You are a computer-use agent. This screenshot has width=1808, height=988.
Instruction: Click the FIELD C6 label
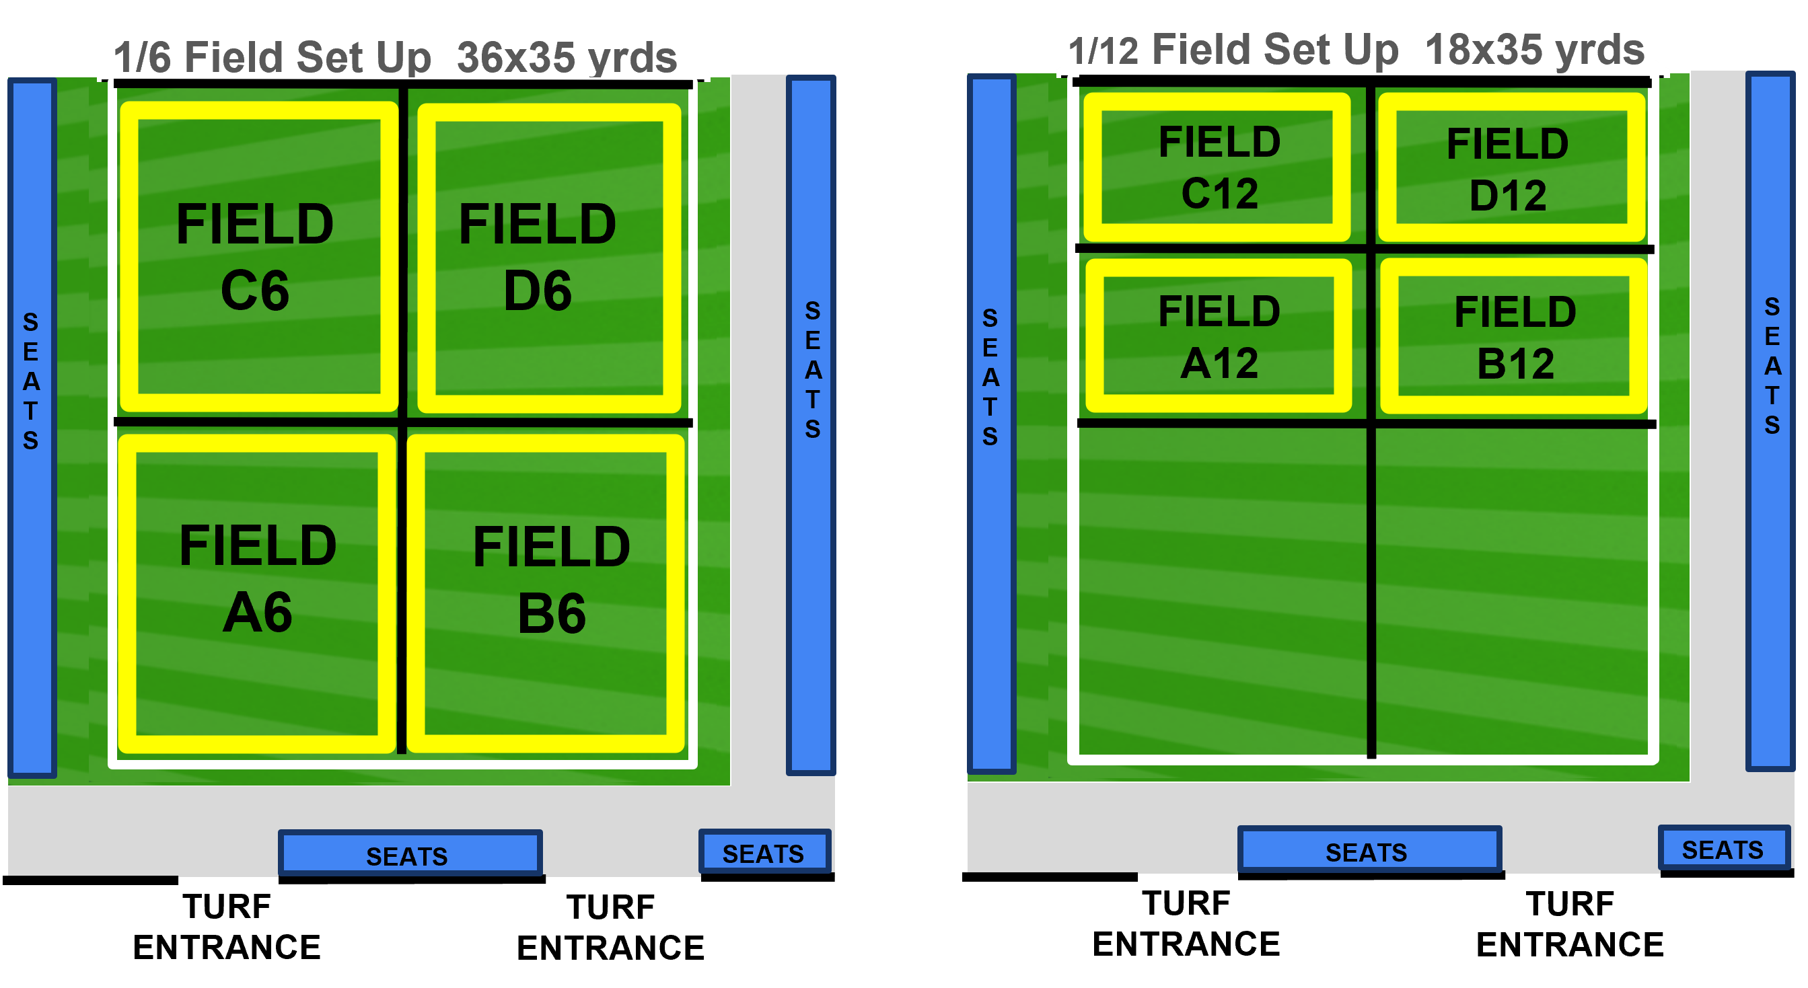pos(255,256)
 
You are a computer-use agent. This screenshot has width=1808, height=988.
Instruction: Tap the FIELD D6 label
pos(538,256)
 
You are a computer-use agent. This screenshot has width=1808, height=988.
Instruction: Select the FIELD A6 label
pos(258,578)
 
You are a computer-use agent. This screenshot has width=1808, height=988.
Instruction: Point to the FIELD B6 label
pos(552,579)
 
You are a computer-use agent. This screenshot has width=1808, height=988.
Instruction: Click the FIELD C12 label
pos(1220,167)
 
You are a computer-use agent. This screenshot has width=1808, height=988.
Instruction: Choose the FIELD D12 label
pos(1508,169)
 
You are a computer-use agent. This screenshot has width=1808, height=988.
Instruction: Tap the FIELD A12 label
pos(1220,337)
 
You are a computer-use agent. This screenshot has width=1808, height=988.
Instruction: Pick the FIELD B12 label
pos(1515,338)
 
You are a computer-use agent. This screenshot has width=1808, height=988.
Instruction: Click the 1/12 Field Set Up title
pos(1233,49)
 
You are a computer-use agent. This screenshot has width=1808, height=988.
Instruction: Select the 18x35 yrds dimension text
pos(1535,49)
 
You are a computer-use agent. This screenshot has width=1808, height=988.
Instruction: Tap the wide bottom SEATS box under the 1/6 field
pos(410,853)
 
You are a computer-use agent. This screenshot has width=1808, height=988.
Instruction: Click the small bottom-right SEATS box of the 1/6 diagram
pos(764,852)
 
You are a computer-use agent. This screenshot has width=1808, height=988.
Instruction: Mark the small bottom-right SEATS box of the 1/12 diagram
pos(1724,848)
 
